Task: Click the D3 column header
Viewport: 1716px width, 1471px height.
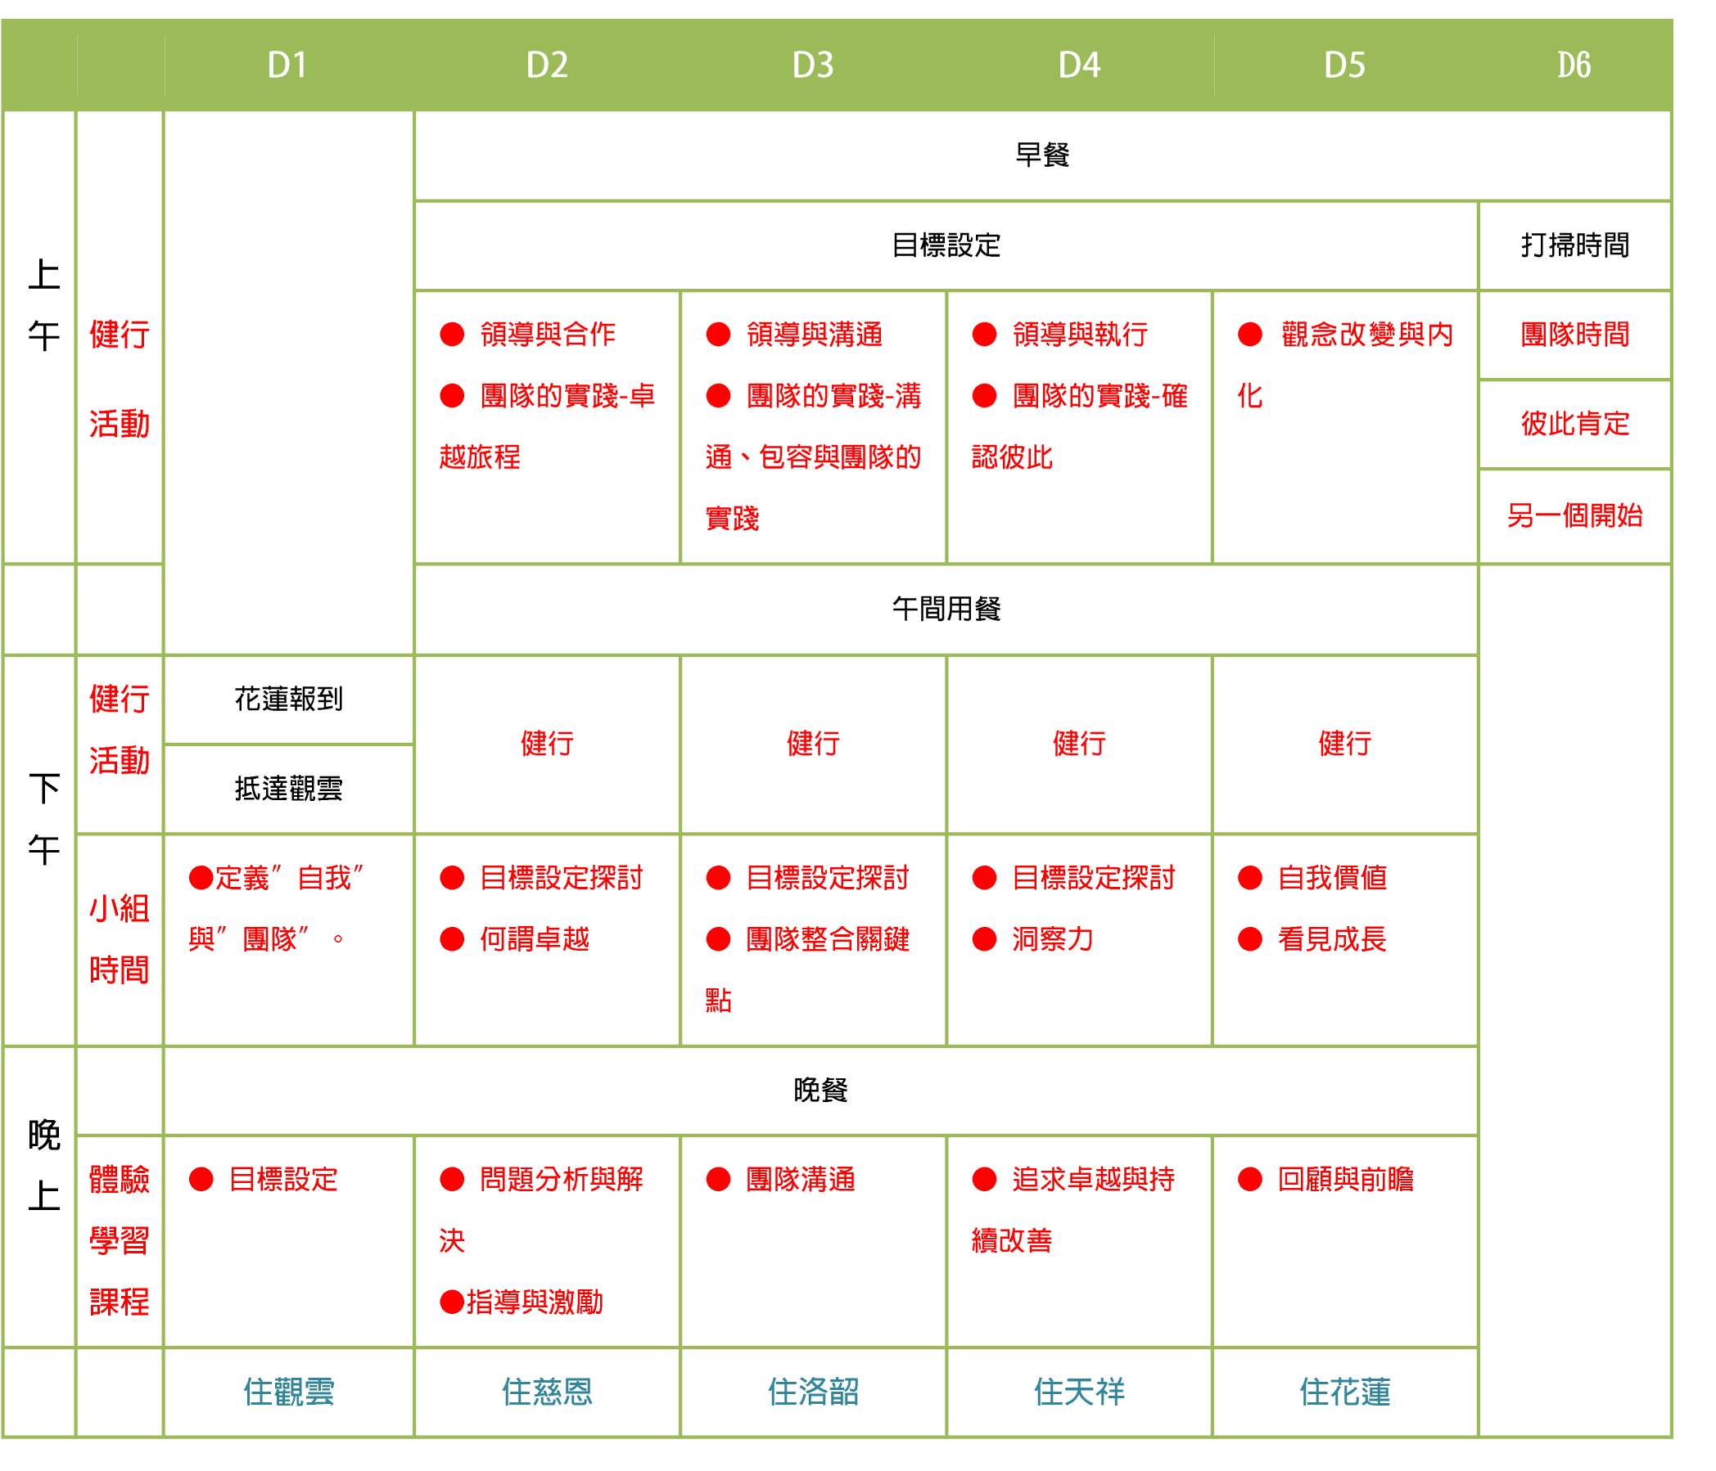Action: (812, 65)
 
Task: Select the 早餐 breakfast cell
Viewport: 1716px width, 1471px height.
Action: (1042, 155)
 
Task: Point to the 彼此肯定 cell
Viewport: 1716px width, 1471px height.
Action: (1574, 424)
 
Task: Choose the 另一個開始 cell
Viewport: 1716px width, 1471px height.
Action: (1574, 515)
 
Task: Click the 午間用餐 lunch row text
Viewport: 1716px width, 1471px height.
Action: (946, 610)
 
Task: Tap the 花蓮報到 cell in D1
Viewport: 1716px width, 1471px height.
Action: (288, 700)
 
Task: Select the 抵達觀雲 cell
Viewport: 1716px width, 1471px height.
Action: (288, 789)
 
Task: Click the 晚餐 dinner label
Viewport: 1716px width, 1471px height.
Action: (820, 1091)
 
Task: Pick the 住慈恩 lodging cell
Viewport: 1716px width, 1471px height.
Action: (547, 1392)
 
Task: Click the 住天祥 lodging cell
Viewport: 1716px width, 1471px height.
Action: (1079, 1392)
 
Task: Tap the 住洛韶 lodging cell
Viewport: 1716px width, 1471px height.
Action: (812, 1392)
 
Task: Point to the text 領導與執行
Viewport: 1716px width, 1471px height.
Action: (1080, 335)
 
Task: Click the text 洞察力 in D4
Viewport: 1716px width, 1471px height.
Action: (1053, 939)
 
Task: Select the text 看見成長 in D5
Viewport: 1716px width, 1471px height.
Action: (1332, 939)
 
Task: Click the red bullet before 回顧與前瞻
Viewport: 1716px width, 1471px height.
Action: (1249, 1180)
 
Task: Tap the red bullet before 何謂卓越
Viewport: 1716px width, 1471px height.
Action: (452, 939)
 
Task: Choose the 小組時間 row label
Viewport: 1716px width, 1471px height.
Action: (120, 939)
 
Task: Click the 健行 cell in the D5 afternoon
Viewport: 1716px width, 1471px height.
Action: (1345, 744)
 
